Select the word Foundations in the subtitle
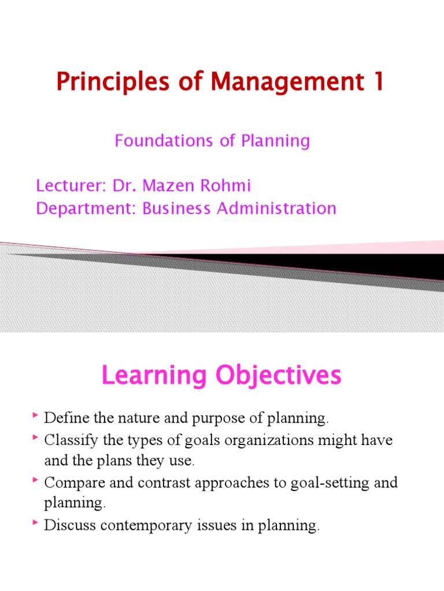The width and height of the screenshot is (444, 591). (x=152, y=141)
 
